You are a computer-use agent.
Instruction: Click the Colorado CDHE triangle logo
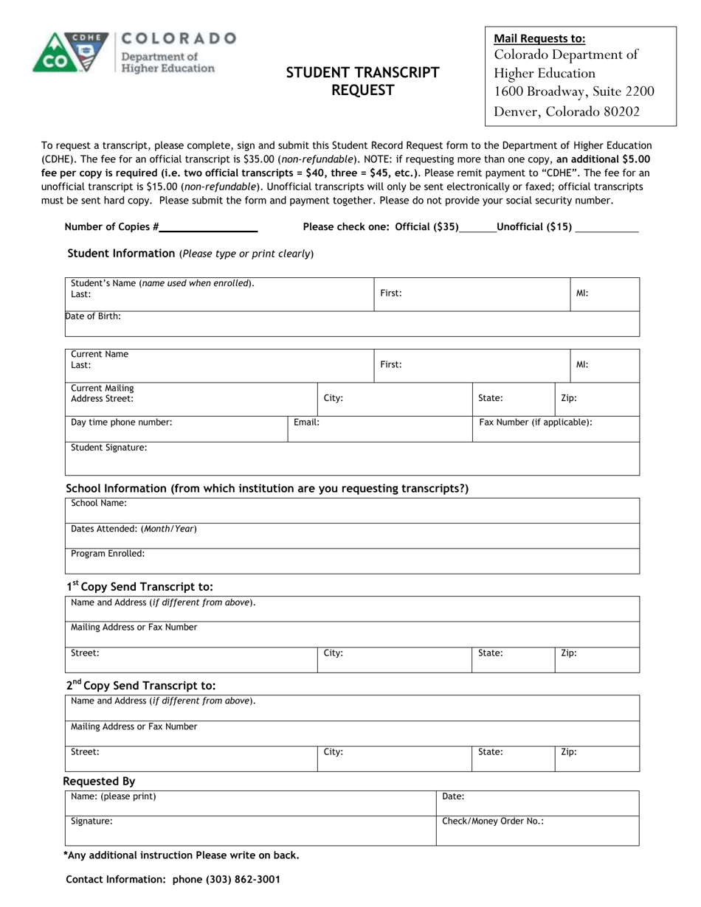(70, 52)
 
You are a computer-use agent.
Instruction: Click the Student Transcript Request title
(362, 81)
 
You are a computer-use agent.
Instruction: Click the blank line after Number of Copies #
(209, 228)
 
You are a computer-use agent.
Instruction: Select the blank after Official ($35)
(477, 228)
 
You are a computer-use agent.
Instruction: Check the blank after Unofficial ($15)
(607, 228)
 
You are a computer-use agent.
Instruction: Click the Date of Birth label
(94, 316)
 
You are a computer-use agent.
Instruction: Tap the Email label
(306, 423)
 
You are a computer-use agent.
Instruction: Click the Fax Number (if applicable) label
(536, 423)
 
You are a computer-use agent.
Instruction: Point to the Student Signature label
(108, 448)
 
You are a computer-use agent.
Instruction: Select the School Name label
(99, 503)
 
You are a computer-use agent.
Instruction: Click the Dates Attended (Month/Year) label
(134, 529)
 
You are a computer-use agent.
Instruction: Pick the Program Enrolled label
(108, 553)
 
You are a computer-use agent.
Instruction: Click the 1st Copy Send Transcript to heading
(139, 587)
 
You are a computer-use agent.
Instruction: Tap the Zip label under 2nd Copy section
(569, 752)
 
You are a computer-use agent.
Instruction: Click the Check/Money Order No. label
(493, 821)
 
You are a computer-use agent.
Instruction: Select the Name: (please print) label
(114, 796)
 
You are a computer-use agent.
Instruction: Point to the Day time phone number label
(122, 423)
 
